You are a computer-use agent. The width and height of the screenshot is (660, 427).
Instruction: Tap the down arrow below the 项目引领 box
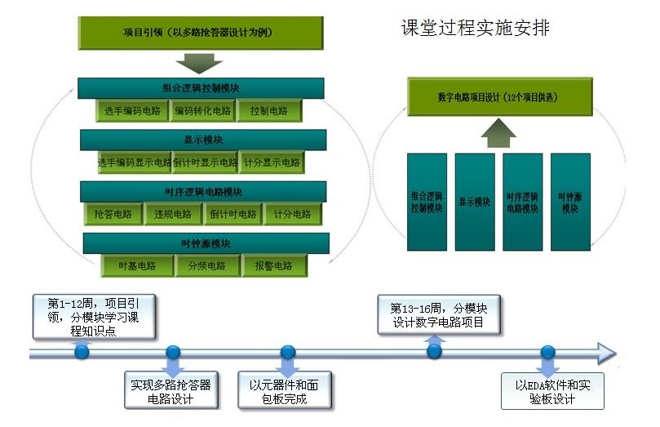198,63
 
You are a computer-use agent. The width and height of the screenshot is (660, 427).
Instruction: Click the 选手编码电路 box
131,110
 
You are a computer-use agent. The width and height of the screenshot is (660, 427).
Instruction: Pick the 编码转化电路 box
203,110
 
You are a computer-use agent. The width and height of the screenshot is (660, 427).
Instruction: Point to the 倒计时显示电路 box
205,162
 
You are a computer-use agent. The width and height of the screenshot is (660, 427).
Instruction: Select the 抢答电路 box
113,215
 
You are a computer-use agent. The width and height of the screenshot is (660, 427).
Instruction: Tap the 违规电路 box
172,215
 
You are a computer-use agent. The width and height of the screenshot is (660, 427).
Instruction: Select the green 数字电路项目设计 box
498,97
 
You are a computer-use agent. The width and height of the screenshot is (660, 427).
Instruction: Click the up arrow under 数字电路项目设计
498,132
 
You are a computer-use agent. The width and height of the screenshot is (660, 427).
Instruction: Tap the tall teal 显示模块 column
474,202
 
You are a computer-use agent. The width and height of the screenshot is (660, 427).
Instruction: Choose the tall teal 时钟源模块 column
569,202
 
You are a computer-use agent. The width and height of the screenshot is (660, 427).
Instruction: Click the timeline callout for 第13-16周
438,315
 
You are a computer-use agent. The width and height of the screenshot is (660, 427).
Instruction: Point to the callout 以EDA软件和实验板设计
552,392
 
